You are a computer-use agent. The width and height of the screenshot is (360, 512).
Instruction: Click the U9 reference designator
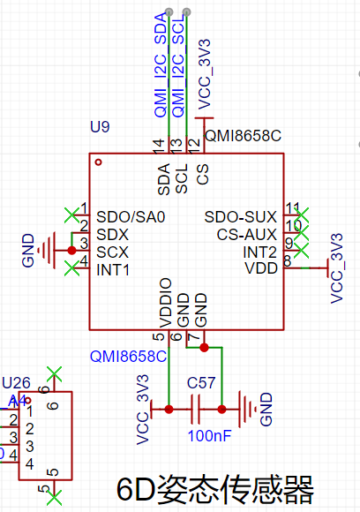click(100, 127)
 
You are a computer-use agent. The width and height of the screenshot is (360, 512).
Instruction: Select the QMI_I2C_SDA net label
click(161, 65)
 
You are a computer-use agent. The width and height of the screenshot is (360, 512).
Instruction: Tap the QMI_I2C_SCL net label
click(178, 67)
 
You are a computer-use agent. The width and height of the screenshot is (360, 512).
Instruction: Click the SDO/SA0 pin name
click(131, 217)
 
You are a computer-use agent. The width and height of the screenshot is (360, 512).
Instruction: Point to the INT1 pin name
click(113, 270)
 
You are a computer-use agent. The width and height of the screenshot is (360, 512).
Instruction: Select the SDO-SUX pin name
click(241, 217)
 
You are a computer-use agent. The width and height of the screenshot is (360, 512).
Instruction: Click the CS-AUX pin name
click(247, 235)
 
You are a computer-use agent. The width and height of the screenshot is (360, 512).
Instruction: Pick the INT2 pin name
click(259, 252)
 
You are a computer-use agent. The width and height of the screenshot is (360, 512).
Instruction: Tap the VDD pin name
click(261, 268)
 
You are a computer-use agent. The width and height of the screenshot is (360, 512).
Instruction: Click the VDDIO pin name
click(166, 303)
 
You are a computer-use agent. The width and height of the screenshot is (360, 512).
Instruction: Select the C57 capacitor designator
click(201, 383)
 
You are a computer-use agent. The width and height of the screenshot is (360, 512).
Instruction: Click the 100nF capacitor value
click(209, 435)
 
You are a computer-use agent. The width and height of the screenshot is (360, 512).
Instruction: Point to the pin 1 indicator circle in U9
click(98, 162)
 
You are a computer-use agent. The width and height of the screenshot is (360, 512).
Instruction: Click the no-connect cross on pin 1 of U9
click(72, 215)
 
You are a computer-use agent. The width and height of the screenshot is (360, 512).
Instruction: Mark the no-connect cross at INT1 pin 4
click(72, 268)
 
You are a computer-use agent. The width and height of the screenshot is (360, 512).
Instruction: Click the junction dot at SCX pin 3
click(71, 251)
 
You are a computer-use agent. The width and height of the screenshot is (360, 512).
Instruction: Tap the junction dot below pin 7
click(205, 348)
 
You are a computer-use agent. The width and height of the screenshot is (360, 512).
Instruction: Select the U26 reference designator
click(16, 383)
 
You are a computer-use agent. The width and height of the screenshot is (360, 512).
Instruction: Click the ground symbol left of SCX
click(47, 251)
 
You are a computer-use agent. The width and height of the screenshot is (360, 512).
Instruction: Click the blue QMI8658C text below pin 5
click(128, 357)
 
